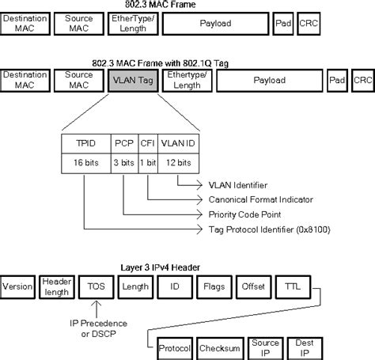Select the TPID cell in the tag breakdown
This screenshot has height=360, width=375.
pos(86,145)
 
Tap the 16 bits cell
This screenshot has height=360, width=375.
pos(86,163)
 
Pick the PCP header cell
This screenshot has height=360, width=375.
pos(123,145)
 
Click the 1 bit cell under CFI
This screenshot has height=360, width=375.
pos(148,163)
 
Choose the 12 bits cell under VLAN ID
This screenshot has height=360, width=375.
pos(177,163)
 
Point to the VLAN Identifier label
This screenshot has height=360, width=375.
pos(237,187)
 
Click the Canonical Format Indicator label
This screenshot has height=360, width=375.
pos(260,200)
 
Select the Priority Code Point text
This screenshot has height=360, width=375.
pos(242,214)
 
